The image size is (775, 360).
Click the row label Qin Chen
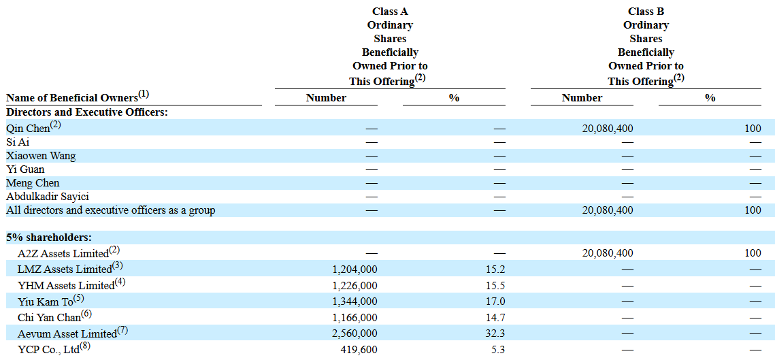(x=28, y=129)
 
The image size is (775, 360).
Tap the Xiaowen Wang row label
(x=41, y=156)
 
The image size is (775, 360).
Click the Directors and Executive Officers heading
(x=87, y=112)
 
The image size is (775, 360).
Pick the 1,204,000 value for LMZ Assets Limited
(x=354, y=269)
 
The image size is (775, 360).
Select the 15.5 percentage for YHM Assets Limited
(x=496, y=285)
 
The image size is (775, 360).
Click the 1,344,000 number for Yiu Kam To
(x=354, y=301)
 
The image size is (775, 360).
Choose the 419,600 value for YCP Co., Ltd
(x=359, y=350)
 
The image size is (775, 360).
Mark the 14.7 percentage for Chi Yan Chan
(x=496, y=317)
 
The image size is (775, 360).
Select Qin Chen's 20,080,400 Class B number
(x=608, y=129)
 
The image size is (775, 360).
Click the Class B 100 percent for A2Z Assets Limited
(x=753, y=252)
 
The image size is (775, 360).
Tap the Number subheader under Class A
(x=326, y=97)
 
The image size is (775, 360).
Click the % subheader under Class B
(x=710, y=97)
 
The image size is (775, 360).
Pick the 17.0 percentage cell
(x=496, y=301)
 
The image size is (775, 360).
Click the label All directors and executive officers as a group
(x=111, y=210)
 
